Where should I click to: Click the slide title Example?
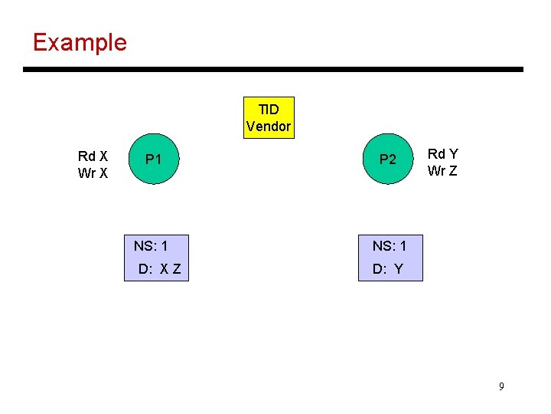(x=80, y=42)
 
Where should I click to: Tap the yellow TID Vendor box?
(x=269, y=117)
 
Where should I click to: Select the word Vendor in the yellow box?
(x=269, y=127)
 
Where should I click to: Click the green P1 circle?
(x=154, y=160)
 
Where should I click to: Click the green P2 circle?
(x=388, y=160)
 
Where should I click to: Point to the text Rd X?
(x=93, y=156)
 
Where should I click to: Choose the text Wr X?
(x=93, y=173)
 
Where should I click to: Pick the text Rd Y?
(x=442, y=154)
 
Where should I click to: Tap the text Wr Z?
(x=442, y=171)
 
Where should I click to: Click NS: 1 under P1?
(x=151, y=246)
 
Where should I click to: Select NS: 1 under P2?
(x=390, y=246)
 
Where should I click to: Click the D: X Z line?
(x=159, y=269)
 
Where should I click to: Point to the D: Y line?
(x=387, y=269)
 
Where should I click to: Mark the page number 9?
(x=501, y=386)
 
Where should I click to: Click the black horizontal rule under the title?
(x=273, y=70)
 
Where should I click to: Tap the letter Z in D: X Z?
(x=177, y=269)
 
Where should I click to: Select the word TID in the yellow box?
(x=269, y=110)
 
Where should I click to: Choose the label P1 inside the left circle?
(x=154, y=160)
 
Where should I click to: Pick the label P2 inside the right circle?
(x=388, y=160)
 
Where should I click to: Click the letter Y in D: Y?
(x=398, y=269)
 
